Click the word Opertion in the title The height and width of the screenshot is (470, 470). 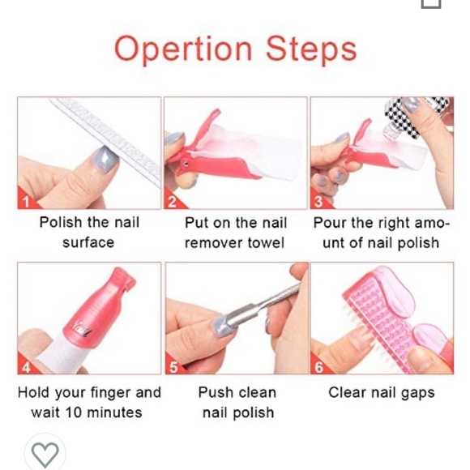tap(183, 49)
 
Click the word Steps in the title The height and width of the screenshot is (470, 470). tap(311, 49)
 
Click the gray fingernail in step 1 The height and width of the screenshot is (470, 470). tap(105, 159)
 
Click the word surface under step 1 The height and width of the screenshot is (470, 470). tap(88, 242)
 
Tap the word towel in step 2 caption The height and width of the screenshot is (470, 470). tap(266, 242)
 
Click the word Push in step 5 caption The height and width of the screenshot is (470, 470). tap(213, 392)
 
